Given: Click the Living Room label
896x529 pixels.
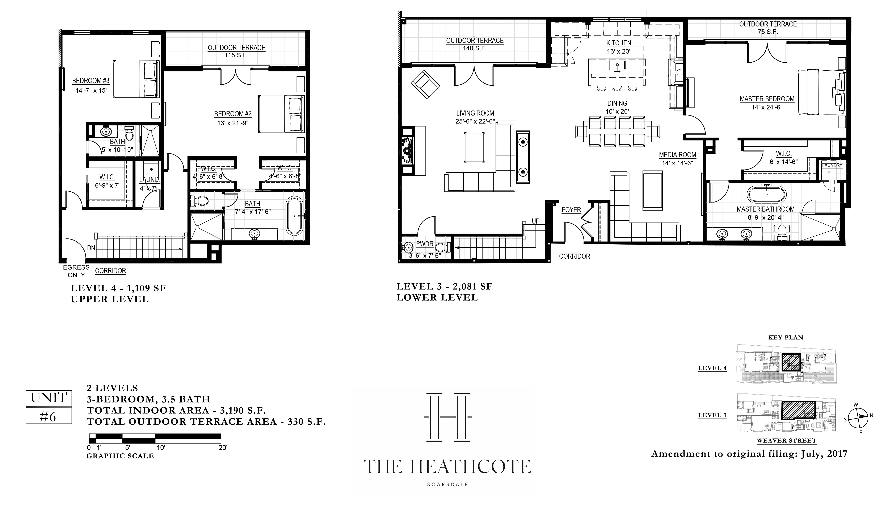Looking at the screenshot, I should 475,113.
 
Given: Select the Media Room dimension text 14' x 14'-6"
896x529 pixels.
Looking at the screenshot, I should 677,163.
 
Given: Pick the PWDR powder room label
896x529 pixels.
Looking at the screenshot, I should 425,244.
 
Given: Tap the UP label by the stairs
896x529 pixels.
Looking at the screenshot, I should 535,221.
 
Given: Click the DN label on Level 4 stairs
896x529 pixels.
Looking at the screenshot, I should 91,247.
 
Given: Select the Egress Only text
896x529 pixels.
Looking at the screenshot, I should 76,271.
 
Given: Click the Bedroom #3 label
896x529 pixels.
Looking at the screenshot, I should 91,81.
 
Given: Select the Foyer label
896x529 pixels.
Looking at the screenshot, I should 571,210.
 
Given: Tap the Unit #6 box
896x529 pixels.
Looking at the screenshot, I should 49,407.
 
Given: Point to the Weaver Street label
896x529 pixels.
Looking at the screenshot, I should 786,441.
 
